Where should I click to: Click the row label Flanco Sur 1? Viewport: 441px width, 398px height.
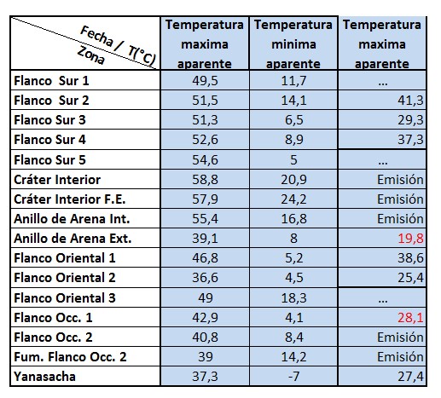point(51,81)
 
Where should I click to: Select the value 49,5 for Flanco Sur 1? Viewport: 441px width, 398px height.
point(205,81)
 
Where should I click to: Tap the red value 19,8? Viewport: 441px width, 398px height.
point(410,239)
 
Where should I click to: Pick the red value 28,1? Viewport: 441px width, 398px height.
point(410,317)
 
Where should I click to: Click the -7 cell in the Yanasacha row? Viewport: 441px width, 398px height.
point(293,377)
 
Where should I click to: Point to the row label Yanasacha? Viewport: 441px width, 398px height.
point(44,377)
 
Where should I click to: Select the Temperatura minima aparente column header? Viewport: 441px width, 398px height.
point(293,44)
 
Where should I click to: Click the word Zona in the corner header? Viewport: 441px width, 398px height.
point(91,55)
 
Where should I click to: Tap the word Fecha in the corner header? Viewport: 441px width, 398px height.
point(96,36)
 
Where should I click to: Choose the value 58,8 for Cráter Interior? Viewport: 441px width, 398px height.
point(205,180)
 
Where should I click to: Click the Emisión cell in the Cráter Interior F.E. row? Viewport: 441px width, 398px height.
point(400,199)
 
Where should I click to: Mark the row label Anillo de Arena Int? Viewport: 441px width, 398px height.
point(72,219)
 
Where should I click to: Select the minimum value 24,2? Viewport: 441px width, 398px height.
point(293,199)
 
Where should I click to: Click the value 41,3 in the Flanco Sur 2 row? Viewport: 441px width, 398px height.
point(410,101)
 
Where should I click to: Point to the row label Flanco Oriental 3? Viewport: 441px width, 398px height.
point(65,298)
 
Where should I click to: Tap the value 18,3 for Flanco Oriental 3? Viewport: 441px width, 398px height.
point(293,298)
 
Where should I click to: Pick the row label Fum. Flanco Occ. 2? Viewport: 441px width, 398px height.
point(70,357)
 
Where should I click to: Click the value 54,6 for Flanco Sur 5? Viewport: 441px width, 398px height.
point(205,160)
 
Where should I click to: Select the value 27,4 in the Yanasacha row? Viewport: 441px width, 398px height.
point(410,377)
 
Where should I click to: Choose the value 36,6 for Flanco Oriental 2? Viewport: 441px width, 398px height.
point(205,278)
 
